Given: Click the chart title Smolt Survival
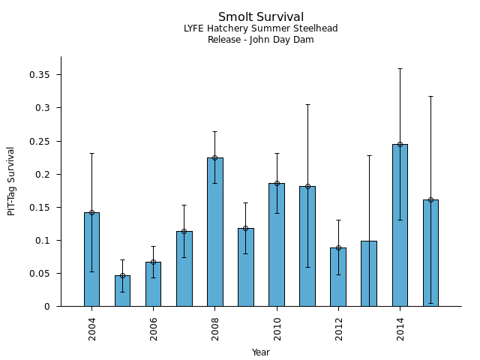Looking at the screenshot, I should (x=261, y=17).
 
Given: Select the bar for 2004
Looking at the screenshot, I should (x=91, y=259).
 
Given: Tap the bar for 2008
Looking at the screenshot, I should (x=215, y=232).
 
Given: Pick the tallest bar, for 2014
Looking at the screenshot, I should (x=400, y=225).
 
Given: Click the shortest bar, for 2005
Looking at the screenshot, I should (x=122, y=291).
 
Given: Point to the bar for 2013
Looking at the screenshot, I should (x=369, y=274).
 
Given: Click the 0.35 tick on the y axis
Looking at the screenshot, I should (x=40, y=75).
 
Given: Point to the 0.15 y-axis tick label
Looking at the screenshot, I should (x=40, y=207).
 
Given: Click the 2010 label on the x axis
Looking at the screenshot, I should (x=277, y=328).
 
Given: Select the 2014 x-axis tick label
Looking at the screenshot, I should (x=400, y=328).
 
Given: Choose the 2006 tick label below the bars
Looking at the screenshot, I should (x=154, y=328).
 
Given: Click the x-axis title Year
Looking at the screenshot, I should (x=261, y=352).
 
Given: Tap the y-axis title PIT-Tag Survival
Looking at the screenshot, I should (x=12, y=181).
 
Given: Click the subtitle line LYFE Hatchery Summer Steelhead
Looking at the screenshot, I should (x=261, y=28).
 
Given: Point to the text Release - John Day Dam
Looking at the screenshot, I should (x=261, y=40).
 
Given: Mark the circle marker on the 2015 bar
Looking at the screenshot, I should (x=430, y=199).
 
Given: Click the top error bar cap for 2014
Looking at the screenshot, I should (x=400, y=68).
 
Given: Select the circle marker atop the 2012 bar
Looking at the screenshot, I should (x=338, y=247).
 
